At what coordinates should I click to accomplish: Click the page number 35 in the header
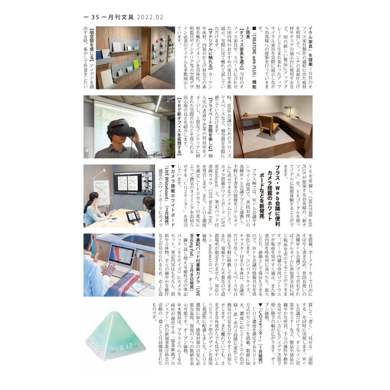94,17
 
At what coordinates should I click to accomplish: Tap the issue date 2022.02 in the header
150,17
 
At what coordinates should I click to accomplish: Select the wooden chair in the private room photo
268,125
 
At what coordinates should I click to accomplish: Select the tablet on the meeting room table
133,215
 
